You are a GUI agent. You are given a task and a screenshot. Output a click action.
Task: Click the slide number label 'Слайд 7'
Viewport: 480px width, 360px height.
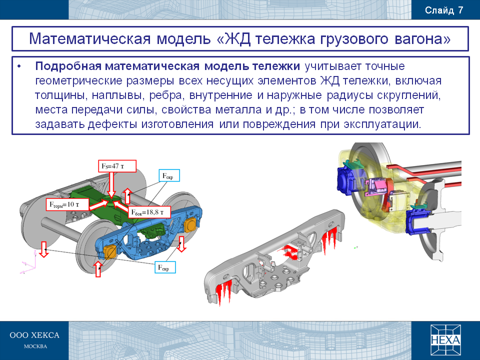tap(444, 10)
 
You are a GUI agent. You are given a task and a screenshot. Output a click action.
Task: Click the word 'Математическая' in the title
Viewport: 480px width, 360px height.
tap(89, 39)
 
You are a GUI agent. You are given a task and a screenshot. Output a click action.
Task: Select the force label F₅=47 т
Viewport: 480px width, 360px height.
tap(117, 166)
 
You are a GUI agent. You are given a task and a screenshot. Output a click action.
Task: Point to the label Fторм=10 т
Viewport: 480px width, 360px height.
tap(68, 204)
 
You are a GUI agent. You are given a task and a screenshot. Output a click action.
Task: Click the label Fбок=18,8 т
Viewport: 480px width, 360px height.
tap(149, 212)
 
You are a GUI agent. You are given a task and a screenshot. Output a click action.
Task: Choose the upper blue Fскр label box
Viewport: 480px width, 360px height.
tap(169, 175)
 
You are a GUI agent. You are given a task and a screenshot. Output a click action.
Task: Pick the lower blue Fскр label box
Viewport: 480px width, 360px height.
tap(165, 267)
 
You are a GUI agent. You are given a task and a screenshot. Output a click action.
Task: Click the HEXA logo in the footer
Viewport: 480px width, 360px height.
tap(445, 340)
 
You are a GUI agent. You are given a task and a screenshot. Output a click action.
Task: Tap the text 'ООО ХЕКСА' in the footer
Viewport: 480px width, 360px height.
tap(34, 335)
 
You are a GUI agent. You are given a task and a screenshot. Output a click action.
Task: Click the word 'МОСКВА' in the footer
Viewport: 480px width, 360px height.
tap(35, 346)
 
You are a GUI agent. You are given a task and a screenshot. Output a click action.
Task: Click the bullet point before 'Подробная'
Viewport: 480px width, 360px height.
tap(19, 66)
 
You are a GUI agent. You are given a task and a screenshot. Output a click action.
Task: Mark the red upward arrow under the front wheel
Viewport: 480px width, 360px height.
tap(98, 269)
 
